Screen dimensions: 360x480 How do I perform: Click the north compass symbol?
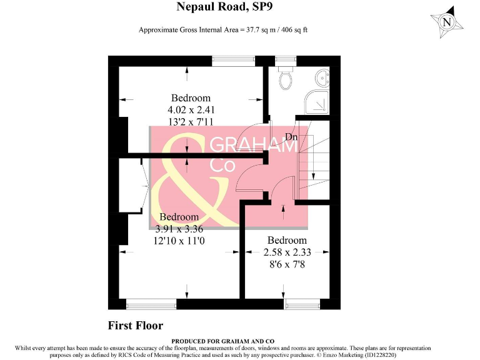coord(447,22)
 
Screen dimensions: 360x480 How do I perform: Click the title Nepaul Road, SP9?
coord(225,7)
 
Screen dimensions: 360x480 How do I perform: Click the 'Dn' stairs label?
coord(291,137)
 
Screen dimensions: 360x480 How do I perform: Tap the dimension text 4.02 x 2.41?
coord(191,109)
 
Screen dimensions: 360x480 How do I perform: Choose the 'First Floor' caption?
coord(136,326)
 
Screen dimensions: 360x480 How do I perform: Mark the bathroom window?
coord(286,61)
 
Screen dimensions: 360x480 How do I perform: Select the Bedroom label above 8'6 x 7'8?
coord(287,241)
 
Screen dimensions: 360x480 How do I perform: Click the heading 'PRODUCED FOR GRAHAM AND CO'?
coord(225,341)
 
